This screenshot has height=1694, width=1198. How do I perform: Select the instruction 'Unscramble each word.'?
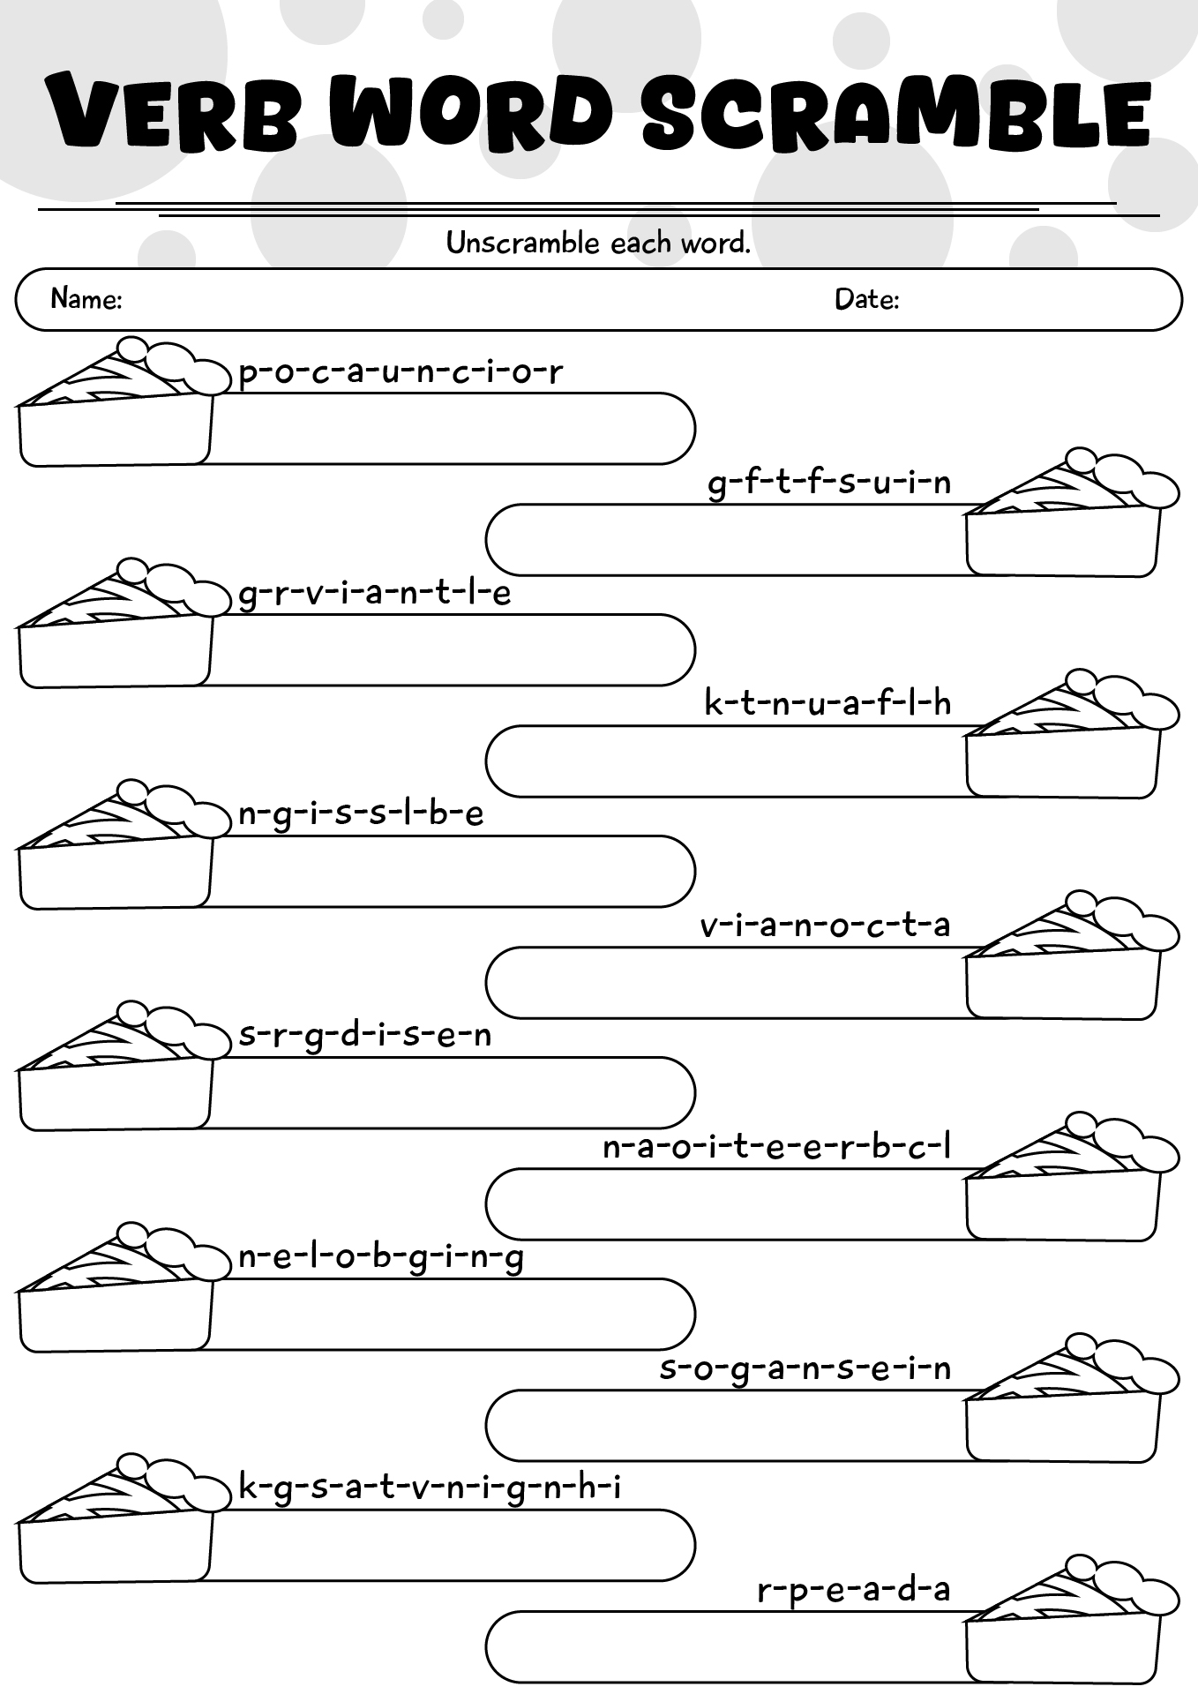[x=598, y=243]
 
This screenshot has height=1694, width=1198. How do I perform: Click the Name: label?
[x=86, y=299]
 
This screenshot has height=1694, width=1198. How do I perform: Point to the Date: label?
[x=867, y=299]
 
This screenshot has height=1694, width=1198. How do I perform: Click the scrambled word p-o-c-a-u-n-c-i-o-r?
[x=401, y=372]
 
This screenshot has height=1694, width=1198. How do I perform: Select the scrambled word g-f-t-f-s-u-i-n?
[x=830, y=483]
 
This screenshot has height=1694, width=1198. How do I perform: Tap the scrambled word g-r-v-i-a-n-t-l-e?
[x=375, y=594]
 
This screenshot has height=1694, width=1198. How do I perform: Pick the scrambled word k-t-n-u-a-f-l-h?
[x=828, y=703]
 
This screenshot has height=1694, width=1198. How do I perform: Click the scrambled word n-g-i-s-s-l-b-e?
[x=362, y=814]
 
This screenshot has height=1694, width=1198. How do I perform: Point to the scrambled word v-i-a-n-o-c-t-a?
[x=826, y=926]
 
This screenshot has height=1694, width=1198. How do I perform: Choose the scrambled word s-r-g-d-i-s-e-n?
[x=365, y=1036]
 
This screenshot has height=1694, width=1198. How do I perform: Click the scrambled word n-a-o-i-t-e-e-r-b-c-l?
[x=777, y=1147]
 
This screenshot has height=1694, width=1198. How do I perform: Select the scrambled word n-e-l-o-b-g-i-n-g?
[x=381, y=1258]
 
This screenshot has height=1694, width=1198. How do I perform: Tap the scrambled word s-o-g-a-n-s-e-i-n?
[x=805, y=1369]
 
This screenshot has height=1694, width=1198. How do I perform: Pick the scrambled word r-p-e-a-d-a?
[x=854, y=1591]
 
